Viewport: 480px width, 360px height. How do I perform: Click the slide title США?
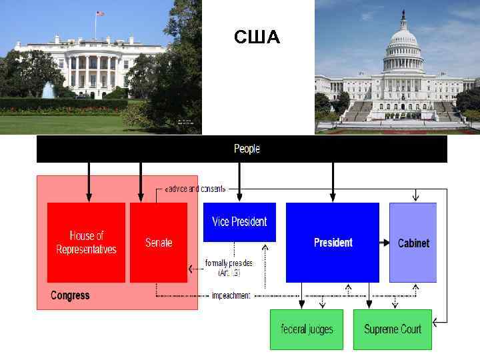click(x=257, y=38)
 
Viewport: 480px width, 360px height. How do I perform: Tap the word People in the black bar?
click(x=247, y=149)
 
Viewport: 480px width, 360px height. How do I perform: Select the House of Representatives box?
click(x=86, y=243)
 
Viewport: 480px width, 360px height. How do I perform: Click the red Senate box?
click(x=159, y=243)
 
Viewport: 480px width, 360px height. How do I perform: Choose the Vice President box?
click(x=239, y=222)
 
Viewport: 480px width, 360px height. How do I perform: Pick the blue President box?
click(x=333, y=243)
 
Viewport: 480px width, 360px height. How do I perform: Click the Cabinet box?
click(x=413, y=243)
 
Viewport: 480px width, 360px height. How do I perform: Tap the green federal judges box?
click(x=307, y=329)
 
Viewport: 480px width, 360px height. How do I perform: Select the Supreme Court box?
click(x=393, y=329)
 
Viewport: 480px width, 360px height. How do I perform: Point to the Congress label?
click(x=70, y=295)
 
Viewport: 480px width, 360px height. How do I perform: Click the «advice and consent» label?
click(x=195, y=189)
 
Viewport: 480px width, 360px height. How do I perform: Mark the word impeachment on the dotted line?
click(x=231, y=295)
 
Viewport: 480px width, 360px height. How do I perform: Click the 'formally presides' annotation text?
click(x=229, y=268)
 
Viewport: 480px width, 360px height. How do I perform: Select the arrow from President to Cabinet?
click(x=385, y=243)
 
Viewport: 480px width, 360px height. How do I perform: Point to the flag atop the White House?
click(x=100, y=14)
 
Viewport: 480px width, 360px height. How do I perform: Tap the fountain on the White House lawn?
click(x=49, y=91)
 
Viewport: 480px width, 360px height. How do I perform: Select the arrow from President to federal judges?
click(x=302, y=296)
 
